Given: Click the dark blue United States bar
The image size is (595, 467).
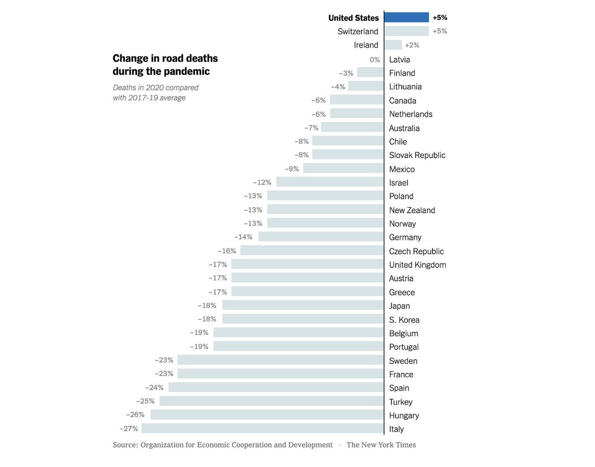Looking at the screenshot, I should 407,17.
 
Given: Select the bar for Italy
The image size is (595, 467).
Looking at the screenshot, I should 263,429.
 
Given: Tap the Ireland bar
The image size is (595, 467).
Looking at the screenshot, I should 393,45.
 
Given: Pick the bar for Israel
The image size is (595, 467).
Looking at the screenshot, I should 330,182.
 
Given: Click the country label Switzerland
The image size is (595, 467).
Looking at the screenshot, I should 357,31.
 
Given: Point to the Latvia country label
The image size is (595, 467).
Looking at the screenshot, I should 399,59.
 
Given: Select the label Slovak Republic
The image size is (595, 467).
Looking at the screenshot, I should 417,155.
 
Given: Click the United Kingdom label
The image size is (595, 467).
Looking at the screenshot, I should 417,265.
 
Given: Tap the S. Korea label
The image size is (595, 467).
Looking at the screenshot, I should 404,320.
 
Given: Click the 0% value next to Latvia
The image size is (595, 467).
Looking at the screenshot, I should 375,59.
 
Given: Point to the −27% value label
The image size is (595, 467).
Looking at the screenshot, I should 128,429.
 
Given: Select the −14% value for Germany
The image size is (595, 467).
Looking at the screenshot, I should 243,237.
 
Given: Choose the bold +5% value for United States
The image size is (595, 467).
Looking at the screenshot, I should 440,17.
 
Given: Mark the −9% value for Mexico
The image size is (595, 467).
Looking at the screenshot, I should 292,169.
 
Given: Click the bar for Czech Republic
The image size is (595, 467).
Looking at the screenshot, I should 312,251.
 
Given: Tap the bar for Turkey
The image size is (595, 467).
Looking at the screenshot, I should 272,402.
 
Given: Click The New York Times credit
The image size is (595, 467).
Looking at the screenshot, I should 381,445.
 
